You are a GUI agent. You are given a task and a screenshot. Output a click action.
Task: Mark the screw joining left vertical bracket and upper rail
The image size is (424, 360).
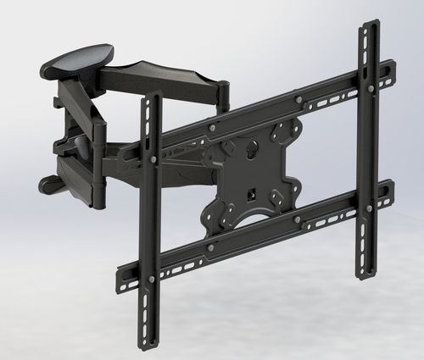[153, 158]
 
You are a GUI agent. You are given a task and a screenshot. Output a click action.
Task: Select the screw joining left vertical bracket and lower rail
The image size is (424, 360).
[152, 278]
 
